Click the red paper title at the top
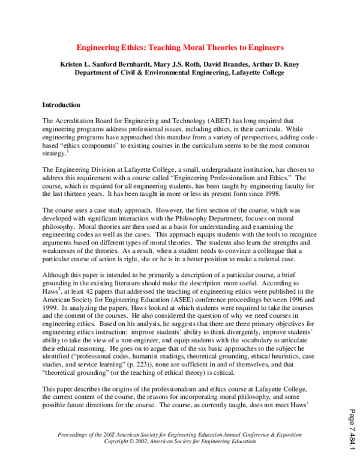(x=179, y=47)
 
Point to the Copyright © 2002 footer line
(x=180, y=441)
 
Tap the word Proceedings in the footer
(x=75, y=434)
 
